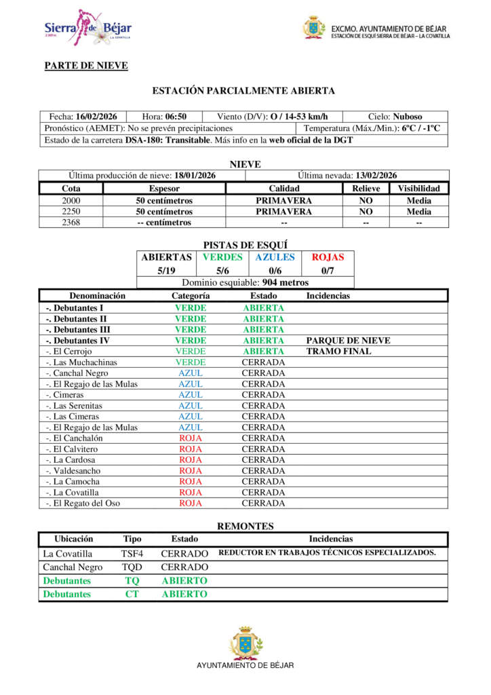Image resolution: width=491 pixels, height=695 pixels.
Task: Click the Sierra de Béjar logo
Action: (x=87, y=28)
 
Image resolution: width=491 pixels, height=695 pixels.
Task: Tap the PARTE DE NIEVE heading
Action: (x=86, y=65)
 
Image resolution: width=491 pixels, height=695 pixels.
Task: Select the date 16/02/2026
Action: (x=96, y=117)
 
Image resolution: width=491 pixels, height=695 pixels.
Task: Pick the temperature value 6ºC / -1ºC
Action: (x=420, y=128)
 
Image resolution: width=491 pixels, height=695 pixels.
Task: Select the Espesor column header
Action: (x=164, y=188)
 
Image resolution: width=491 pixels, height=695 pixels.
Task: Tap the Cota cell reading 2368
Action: (x=71, y=222)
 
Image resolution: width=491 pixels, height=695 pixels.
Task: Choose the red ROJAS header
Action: (x=328, y=257)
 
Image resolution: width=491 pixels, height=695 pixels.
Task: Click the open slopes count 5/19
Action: (x=166, y=270)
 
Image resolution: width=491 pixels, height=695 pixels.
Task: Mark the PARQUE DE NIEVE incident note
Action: (x=349, y=340)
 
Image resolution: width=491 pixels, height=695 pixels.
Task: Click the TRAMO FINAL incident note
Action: (x=338, y=351)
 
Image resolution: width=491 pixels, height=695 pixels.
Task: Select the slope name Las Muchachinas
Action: (x=81, y=362)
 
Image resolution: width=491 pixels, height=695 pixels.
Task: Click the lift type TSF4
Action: (x=132, y=553)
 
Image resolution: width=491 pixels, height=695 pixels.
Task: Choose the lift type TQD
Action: (x=132, y=567)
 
